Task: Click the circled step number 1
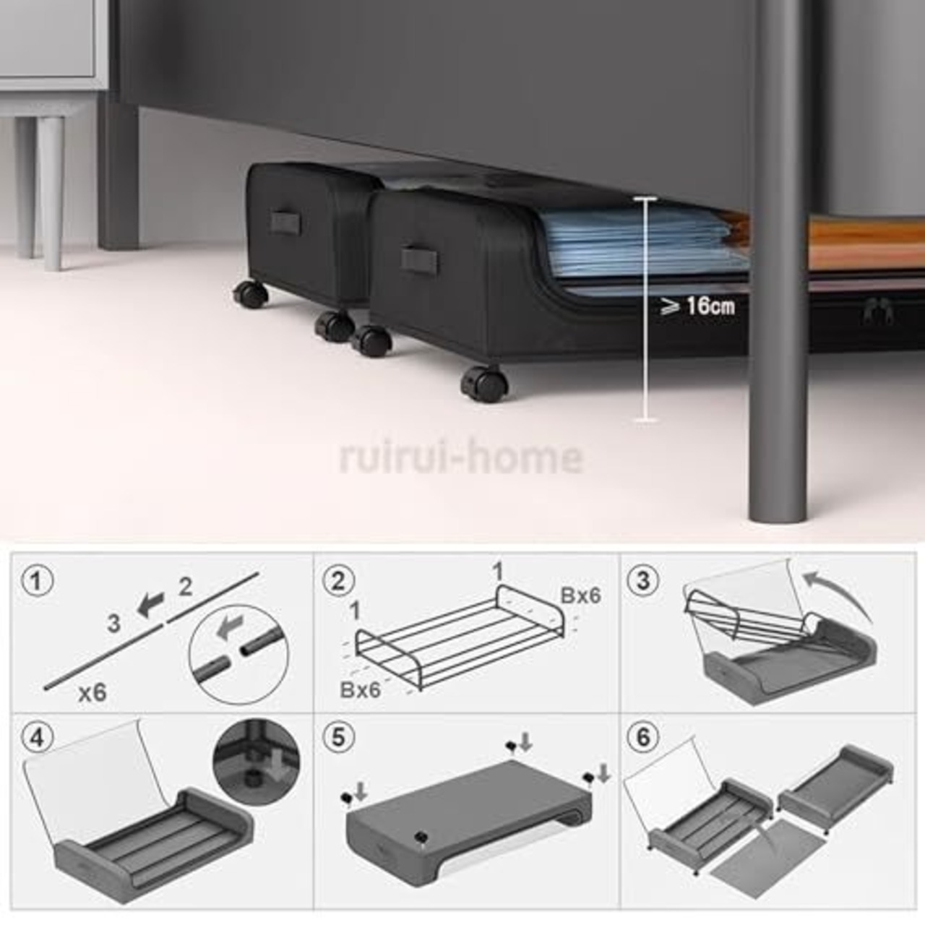click(37, 581)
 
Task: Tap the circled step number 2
click(338, 581)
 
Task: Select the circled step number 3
click(642, 581)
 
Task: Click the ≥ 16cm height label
click(697, 306)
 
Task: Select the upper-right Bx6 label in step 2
click(580, 595)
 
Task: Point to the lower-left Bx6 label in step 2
click(360, 690)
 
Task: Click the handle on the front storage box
click(419, 261)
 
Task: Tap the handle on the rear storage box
click(285, 222)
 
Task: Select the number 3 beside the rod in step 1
click(113, 623)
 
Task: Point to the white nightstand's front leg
click(52, 192)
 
